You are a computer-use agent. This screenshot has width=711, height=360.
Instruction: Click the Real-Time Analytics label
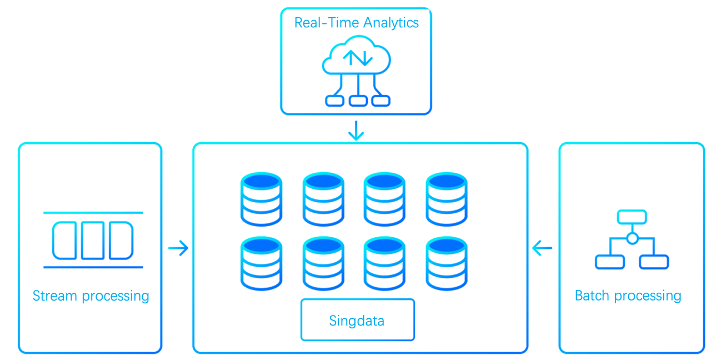point(356,23)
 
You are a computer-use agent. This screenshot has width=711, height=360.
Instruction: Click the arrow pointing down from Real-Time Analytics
point(356,131)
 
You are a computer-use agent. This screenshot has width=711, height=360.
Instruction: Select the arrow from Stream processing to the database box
point(178,248)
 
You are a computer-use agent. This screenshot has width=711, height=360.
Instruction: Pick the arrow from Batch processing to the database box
point(542,248)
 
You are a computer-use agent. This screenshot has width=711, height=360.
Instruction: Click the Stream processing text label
point(91,296)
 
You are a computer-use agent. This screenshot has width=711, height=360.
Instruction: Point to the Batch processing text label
point(628,296)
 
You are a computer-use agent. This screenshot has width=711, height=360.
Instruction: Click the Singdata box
point(357,320)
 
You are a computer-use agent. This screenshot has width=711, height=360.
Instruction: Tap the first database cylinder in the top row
point(261,199)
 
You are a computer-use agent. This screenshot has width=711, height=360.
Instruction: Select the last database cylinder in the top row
point(446,199)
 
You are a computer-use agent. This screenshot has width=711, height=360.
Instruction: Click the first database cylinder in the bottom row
point(261,263)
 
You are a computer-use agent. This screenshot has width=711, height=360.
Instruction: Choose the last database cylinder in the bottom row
point(446,263)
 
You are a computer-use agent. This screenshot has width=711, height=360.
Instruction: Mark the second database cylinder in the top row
point(323,199)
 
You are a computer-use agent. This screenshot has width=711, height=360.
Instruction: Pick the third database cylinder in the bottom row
point(384,263)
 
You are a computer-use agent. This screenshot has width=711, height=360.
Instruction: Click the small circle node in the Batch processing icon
point(632,239)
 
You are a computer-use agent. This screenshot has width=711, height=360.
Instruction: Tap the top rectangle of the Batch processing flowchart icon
point(632,217)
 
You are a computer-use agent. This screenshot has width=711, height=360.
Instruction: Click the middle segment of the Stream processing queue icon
point(93,241)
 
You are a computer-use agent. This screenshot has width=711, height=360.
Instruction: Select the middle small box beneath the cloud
point(358,101)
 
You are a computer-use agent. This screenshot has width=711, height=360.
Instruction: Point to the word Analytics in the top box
point(390,23)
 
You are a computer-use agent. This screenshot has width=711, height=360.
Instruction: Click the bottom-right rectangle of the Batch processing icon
point(654,262)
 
